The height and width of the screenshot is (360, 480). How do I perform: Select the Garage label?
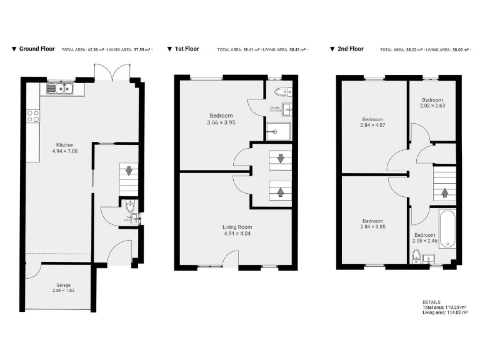pyautogui.click(x=62, y=285)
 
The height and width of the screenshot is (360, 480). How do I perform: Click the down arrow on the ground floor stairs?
pyautogui.click(x=129, y=170)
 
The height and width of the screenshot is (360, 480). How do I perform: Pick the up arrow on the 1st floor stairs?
pyautogui.click(x=279, y=191)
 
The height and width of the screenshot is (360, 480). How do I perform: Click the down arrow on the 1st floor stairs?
pyautogui.click(x=279, y=159)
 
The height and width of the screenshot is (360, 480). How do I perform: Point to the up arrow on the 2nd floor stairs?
pyautogui.click(x=444, y=194)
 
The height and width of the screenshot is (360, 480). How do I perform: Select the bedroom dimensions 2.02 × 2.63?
pyautogui.click(x=432, y=106)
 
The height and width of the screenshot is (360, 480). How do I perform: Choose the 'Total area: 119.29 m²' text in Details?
pyautogui.click(x=444, y=308)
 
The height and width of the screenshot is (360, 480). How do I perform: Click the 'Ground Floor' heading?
pyautogui.click(x=37, y=49)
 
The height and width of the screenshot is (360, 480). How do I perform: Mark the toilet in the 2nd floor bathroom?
pyautogui.click(x=416, y=256)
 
